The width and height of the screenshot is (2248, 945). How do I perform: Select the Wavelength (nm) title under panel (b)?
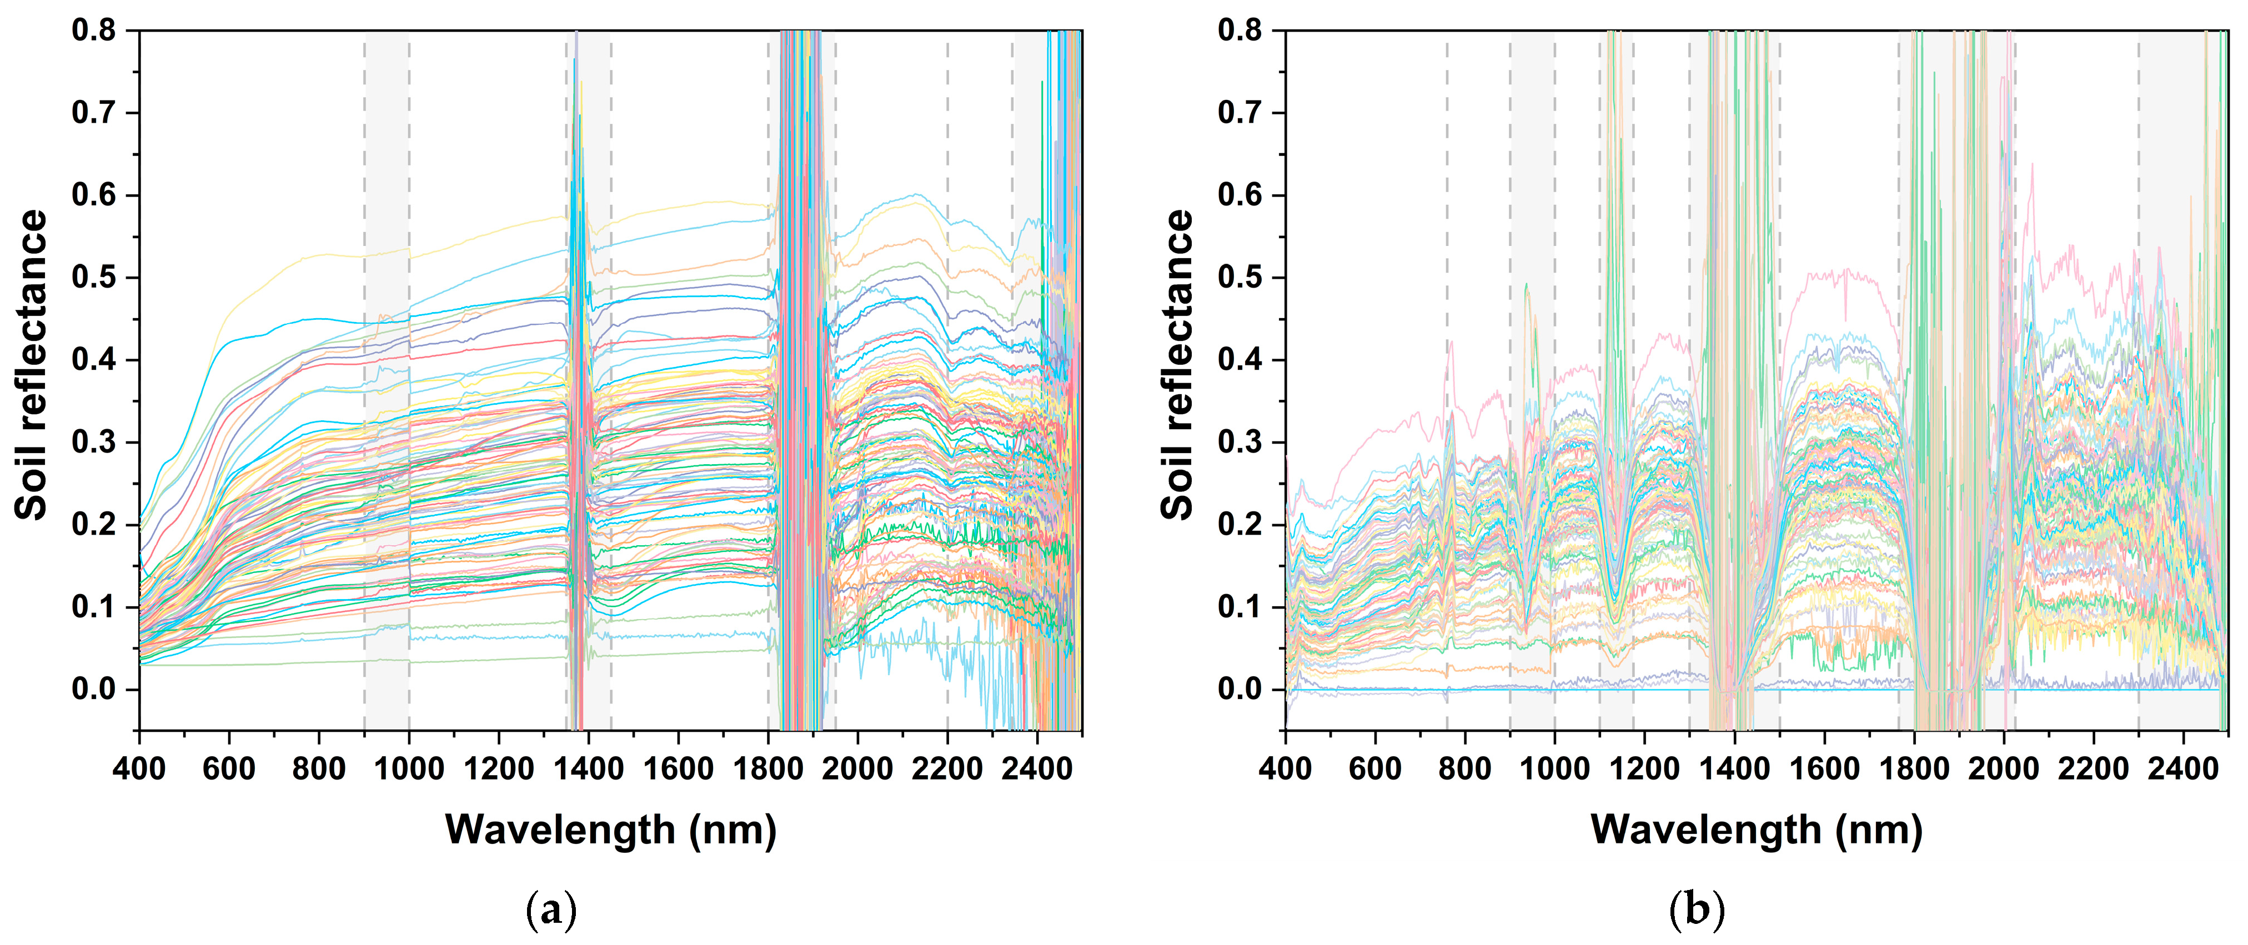coord(1756,830)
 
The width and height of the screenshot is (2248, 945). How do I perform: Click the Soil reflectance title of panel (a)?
coord(32,365)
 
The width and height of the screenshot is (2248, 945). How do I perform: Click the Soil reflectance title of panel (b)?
coord(1177,365)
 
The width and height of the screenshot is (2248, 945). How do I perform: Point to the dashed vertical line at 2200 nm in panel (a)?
coord(948,131)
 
